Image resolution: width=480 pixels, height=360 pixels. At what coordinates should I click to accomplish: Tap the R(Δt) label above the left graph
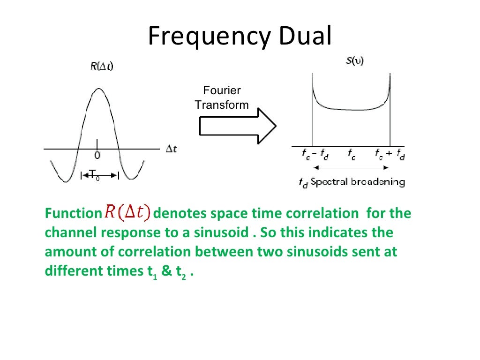click(102, 67)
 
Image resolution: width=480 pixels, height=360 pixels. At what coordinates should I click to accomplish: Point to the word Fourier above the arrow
click(222, 90)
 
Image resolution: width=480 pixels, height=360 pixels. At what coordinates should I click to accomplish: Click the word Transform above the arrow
click(222, 105)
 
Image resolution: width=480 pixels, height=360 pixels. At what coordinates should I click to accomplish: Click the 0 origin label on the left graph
click(97, 155)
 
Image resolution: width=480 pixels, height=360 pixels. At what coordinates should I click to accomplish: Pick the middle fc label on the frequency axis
click(351, 155)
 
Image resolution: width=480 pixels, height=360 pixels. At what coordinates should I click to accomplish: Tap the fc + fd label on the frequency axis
click(390, 155)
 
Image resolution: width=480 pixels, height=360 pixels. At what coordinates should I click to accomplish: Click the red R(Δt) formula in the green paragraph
click(127, 213)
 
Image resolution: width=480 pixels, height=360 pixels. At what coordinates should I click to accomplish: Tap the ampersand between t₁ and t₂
click(167, 271)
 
